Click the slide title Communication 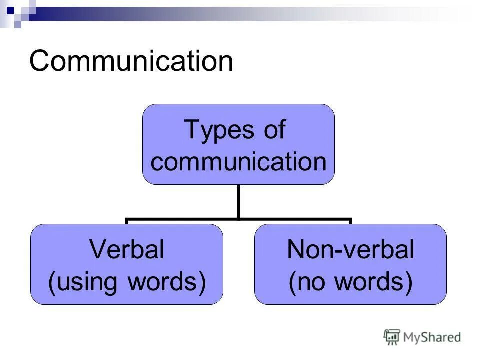coord(131,62)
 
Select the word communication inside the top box coord(238,161)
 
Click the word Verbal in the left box coord(126,250)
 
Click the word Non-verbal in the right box coord(350,250)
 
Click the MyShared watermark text coord(432,337)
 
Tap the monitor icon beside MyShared coord(392,337)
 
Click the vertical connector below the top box coord(238,201)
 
